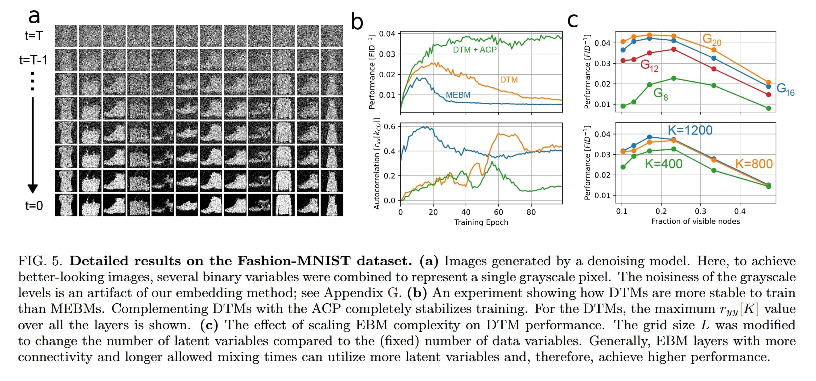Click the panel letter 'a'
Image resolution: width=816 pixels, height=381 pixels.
click(x=34, y=16)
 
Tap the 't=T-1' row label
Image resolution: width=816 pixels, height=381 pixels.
click(x=33, y=60)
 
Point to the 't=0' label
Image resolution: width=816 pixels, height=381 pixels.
click(x=34, y=205)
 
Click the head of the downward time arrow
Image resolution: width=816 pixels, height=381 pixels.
click(x=33, y=188)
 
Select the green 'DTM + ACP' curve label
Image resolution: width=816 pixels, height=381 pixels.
click(x=474, y=50)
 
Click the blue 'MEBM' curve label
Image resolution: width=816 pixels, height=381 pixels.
click(x=458, y=95)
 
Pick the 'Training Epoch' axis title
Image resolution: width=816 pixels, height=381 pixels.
click(x=481, y=222)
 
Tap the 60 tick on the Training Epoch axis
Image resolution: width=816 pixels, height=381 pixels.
click(x=498, y=212)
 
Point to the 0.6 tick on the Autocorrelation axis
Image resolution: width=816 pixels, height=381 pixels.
click(x=389, y=127)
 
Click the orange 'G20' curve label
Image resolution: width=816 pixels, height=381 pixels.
click(x=711, y=39)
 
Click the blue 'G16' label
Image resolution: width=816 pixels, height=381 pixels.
click(x=785, y=89)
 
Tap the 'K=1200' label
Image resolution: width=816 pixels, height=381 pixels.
click(x=690, y=130)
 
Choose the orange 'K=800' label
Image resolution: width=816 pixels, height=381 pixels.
click(x=753, y=163)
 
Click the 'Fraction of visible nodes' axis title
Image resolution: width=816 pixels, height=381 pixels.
click(x=695, y=221)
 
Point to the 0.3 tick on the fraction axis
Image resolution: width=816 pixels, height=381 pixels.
click(x=700, y=211)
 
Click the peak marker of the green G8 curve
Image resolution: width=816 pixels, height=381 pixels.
click(x=673, y=78)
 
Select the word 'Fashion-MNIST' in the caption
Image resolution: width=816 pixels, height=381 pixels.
click(x=294, y=261)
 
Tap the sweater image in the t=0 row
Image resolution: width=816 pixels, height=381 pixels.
click(x=283, y=205)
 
